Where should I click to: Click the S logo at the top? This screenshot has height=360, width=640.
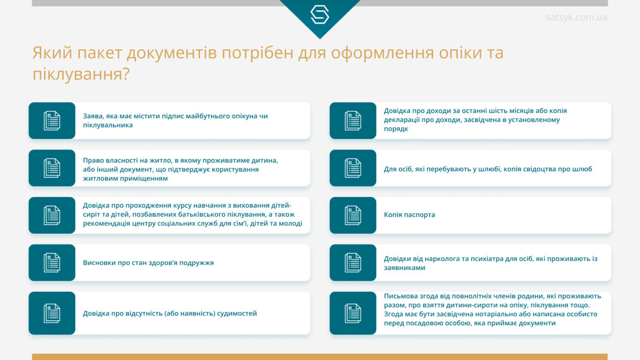[x=319, y=14]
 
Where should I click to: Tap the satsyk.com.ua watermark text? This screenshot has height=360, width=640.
[x=576, y=17]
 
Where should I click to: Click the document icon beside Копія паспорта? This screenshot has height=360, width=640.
[x=353, y=215]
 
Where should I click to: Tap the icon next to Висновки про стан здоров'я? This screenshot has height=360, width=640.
[x=52, y=263]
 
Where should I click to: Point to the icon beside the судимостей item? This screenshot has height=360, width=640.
[x=52, y=313]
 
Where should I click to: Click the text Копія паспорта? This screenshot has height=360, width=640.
[x=409, y=215]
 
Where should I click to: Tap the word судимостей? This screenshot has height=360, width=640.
[x=237, y=313]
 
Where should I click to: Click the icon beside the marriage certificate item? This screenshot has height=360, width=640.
[x=353, y=168]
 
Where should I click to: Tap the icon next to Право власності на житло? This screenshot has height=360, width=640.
[x=52, y=168]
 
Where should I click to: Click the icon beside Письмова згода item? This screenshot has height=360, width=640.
[x=353, y=313]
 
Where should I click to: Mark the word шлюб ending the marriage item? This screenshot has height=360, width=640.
[x=582, y=169]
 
